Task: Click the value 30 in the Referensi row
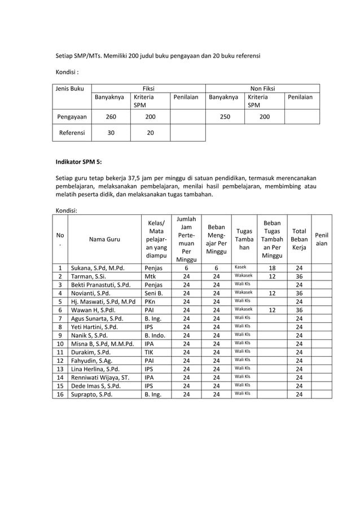pyautogui.click(x=111, y=133)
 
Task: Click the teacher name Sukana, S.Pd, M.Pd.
pyautogui.click(x=97, y=268)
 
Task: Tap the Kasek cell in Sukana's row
pyautogui.click(x=240, y=267)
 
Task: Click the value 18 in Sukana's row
pyautogui.click(x=272, y=268)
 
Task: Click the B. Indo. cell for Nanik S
pyautogui.click(x=156, y=335)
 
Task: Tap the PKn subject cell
pyautogui.click(x=151, y=301)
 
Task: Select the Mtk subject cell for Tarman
pyautogui.click(x=151, y=277)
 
